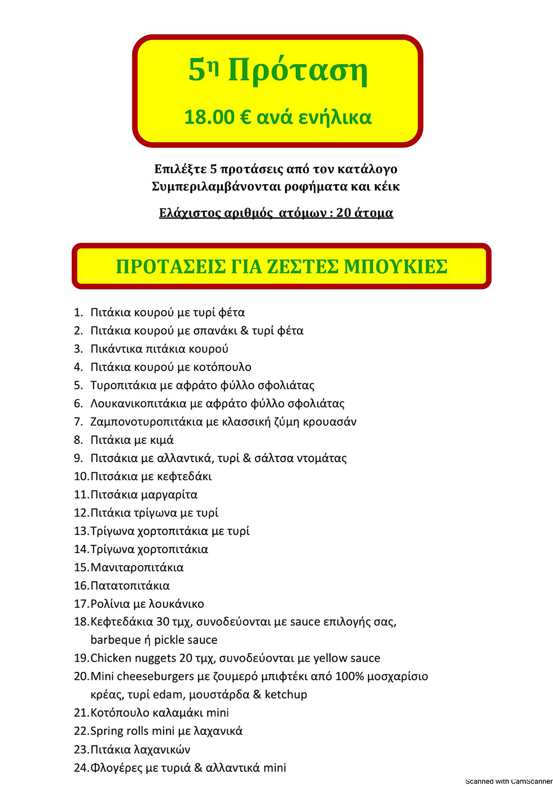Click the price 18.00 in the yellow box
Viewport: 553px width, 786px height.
(x=209, y=117)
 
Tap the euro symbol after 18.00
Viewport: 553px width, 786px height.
(x=246, y=117)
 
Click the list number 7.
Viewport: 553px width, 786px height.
(x=78, y=422)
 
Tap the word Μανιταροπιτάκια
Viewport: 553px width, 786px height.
(x=137, y=567)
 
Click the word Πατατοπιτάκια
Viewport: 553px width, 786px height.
(x=130, y=586)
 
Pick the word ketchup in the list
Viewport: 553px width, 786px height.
(x=286, y=694)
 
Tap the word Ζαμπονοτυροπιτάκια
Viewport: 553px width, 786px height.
(x=147, y=422)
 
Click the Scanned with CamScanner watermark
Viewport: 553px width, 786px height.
(x=508, y=781)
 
